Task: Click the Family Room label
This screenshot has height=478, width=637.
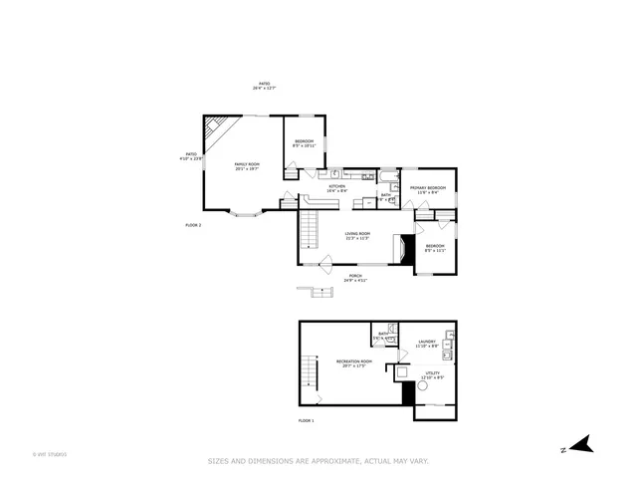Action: click(247, 166)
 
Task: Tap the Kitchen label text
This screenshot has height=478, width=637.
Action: click(337, 188)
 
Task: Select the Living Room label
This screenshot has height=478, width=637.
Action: click(357, 236)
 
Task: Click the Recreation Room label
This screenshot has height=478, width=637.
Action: click(353, 362)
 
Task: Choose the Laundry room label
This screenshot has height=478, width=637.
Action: click(427, 344)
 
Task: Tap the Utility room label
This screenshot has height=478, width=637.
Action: click(432, 375)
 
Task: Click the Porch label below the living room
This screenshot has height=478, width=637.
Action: click(355, 278)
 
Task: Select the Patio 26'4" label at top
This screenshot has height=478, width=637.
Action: click(264, 86)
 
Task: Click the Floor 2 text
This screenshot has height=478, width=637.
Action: click(193, 225)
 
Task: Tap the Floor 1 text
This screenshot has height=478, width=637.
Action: click(307, 421)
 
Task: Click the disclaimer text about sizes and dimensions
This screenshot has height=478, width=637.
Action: click(318, 460)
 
